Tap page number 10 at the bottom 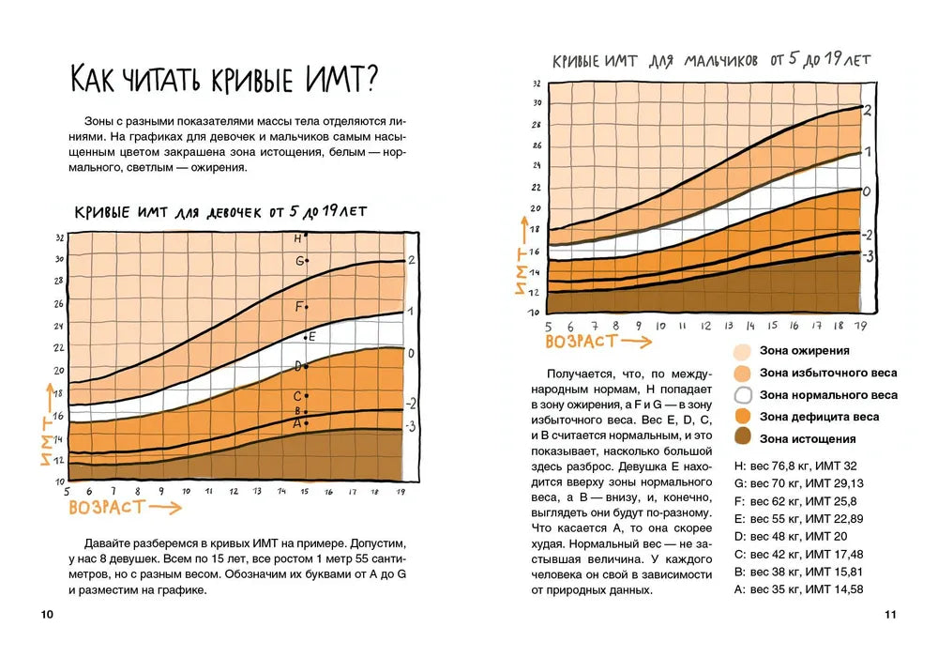pos(47,615)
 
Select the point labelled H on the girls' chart pos(307,234)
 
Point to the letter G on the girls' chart pos(299,261)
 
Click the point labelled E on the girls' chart pos(306,337)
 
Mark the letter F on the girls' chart pos(299,306)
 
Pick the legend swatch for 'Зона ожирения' pos(742,351)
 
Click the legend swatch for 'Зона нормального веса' pos(742,395)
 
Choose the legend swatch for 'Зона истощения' pos(742,438)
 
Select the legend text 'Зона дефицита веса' pos(819,417)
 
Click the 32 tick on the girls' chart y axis pos(59,237)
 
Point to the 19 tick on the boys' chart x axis pos(861,326)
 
